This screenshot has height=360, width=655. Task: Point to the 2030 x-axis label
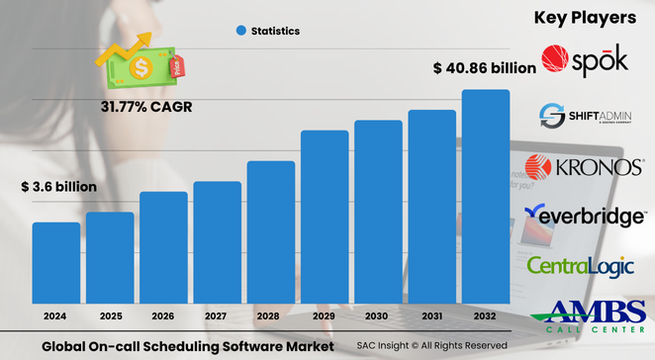(379, 317)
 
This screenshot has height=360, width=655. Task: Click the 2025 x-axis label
(110, 317)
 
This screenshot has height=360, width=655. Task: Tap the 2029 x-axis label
(325, 317)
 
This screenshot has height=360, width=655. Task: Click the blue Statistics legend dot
(240, 32)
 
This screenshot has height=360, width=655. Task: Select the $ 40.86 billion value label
(485, 68)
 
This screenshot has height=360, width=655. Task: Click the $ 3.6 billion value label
(59, 186)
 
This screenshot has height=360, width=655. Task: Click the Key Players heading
(584, 18)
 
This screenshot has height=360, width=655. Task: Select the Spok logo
(585, 60)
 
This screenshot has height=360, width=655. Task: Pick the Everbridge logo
(587, 217)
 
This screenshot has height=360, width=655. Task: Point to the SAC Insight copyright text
(431, 346)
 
